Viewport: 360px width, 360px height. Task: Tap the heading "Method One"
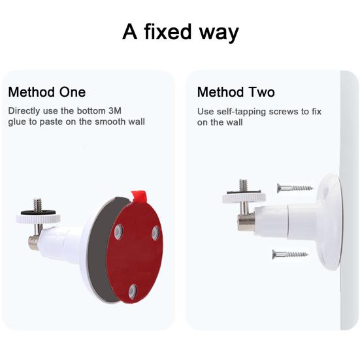46,92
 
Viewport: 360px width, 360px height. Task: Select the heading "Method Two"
236,92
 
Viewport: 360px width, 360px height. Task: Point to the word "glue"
19,122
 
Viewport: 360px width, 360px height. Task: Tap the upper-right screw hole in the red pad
155,232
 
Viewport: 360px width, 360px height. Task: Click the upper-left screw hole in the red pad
118,231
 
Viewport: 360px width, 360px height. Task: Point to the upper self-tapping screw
295,188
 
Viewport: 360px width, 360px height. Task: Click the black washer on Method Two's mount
244,193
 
